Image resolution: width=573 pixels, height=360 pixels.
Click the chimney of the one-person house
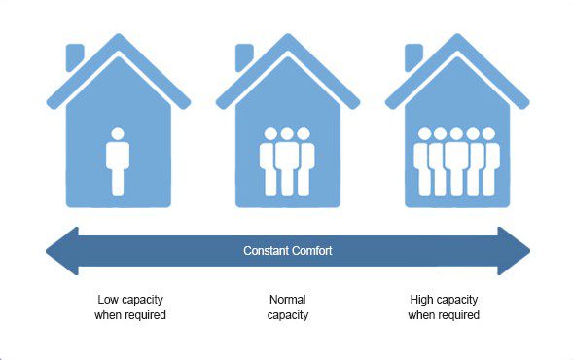tap(75, 57)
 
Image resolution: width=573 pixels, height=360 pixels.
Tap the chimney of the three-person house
tap(244, 57)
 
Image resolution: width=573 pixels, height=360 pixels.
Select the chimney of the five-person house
tap(413, 57)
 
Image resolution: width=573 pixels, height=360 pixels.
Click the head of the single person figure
tap(118, 133)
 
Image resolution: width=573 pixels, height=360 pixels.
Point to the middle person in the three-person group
tap(287, 162)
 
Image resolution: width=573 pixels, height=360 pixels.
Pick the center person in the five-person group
tap(456, 162)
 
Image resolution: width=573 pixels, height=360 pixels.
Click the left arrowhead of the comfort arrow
tap(62, 251)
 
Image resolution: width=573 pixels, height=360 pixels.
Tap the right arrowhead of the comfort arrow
tap(514, 251)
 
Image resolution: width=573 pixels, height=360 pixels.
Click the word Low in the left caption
tap(106, 300)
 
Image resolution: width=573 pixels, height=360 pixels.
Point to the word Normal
tap(288, 300)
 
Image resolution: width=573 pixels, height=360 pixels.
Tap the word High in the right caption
tap(421, 300)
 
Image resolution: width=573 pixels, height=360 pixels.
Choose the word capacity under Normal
tap(288, 315)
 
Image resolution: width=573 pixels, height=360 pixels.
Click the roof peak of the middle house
tap(288, 35)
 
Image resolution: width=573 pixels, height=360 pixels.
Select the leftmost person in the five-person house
tap(424, 162)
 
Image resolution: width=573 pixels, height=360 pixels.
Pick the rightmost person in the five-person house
tap(489, 162)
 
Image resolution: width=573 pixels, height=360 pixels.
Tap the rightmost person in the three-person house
tap(304, 162)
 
